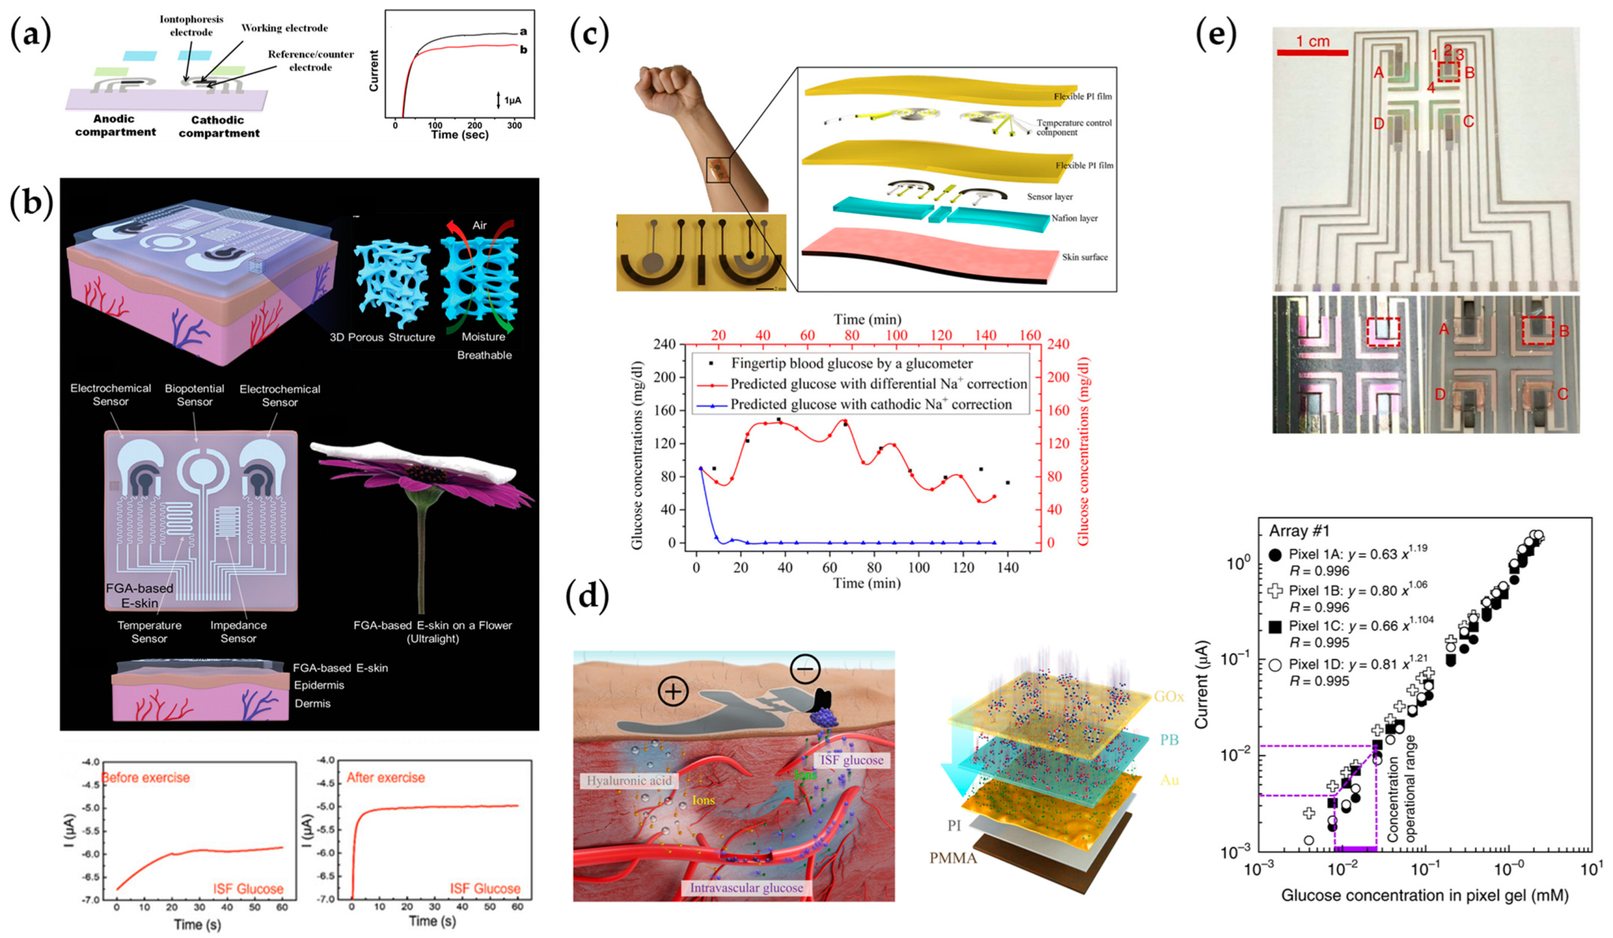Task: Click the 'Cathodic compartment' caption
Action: (219, 127)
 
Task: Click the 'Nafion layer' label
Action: (1074, 218)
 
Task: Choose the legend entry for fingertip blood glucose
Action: (851, 363)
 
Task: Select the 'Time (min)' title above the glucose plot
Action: (867, 319)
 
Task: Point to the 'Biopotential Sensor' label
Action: (194, 395)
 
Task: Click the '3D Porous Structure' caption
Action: (382, 337)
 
